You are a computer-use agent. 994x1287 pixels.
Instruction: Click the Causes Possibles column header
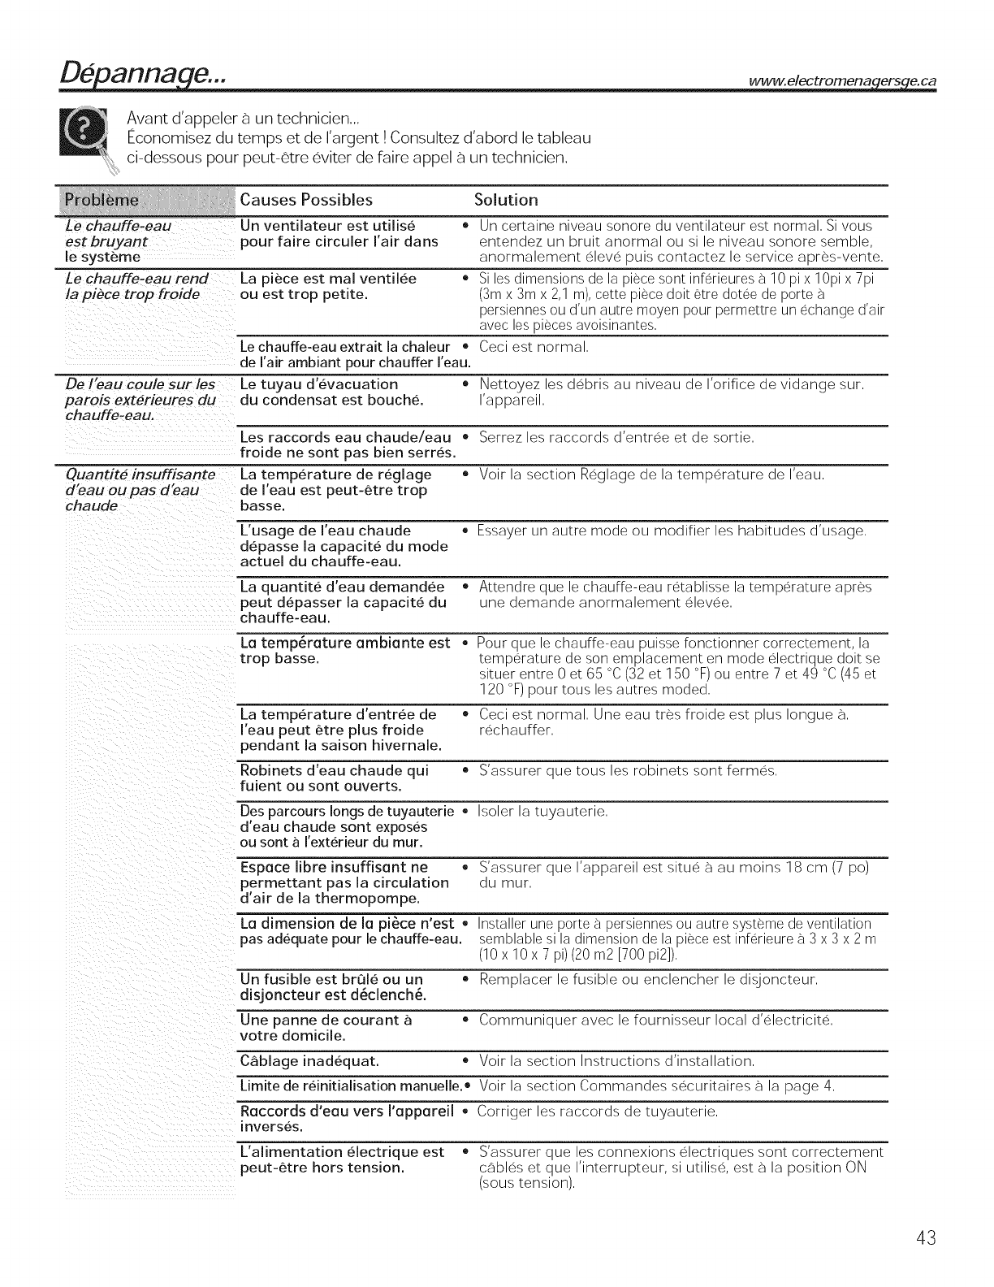click(x=307, y=200)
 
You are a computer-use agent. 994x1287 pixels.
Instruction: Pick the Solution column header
click(x=506, y=200)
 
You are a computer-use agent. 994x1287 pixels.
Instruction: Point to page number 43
click(x=926, y=1238)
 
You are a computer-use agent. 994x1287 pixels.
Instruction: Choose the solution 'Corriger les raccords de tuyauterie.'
click(x=599, y=1111)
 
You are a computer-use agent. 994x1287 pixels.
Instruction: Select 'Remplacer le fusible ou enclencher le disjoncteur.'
click(x=648, y=980)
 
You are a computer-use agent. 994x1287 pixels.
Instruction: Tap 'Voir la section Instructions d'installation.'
click(x=617, y=1061)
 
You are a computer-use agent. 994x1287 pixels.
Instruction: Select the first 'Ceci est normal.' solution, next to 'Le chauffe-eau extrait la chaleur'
click(x=534, y=348)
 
